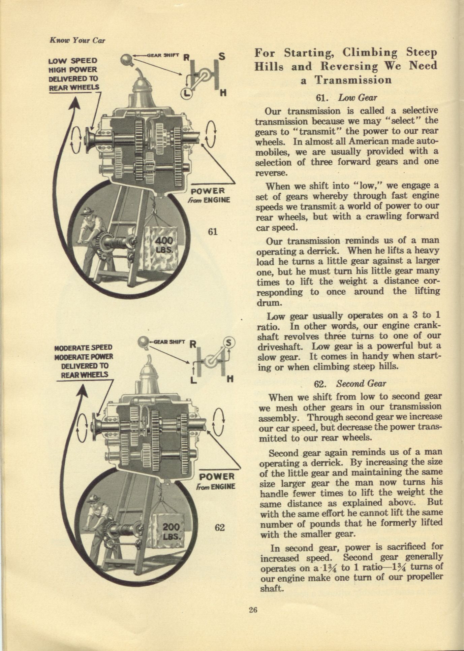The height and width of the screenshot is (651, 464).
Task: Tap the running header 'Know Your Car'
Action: pos(77,40)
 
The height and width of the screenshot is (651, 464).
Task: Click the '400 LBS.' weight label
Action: pos(164,245)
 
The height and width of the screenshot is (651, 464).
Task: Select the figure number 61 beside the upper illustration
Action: pos(213,231)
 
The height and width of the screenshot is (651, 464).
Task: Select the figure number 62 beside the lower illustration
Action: pos(219,527)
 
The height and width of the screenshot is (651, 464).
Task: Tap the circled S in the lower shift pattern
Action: pos(229,343)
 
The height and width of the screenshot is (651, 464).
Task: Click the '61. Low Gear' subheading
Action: pos(346,98)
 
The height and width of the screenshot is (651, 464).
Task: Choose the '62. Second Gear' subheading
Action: pos(350,384)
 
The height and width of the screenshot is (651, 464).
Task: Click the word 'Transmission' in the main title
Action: pos(353,80)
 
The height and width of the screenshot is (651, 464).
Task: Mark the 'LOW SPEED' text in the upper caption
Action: pos(73,61)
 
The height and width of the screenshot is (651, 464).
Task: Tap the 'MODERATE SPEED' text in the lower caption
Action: pos(84,347)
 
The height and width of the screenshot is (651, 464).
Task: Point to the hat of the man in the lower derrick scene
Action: pos(94,498)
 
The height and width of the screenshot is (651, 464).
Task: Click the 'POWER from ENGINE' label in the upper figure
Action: pos(210,196)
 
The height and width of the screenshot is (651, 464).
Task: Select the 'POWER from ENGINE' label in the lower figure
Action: pos(217,482)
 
